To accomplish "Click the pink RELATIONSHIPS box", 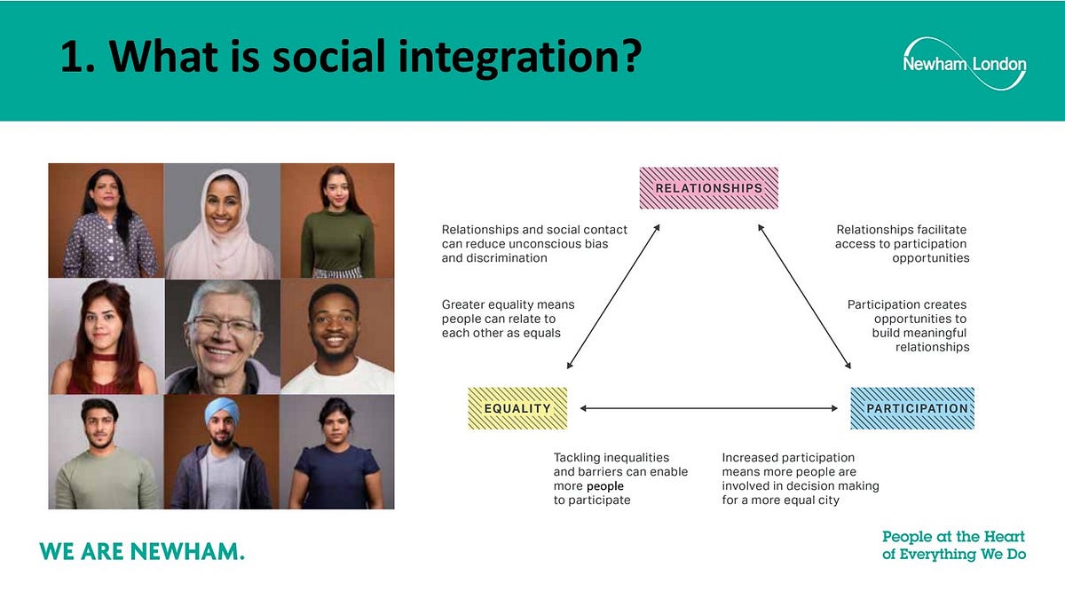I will (708, 188).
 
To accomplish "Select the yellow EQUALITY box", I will (517, 408).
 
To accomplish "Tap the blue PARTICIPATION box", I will (911, 408).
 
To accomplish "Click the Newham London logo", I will (964, 64).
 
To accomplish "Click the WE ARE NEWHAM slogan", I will (142, 551).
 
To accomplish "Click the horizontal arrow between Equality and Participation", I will (708, 408).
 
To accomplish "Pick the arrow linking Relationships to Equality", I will (613, 296).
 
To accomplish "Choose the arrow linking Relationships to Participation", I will (804, 296).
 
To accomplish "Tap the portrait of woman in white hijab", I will (221, 221).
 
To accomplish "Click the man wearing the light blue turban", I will (221, 452).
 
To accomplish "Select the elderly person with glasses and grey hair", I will (221, 336).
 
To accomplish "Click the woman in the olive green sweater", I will (337, 221).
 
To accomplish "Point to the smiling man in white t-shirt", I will (337, 336).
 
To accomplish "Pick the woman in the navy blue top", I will (337, 452).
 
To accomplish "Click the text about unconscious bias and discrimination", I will (525, 244).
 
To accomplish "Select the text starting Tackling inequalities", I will (620, 479).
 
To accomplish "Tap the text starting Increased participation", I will (800, 479).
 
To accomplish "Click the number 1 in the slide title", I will (71, 58).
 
